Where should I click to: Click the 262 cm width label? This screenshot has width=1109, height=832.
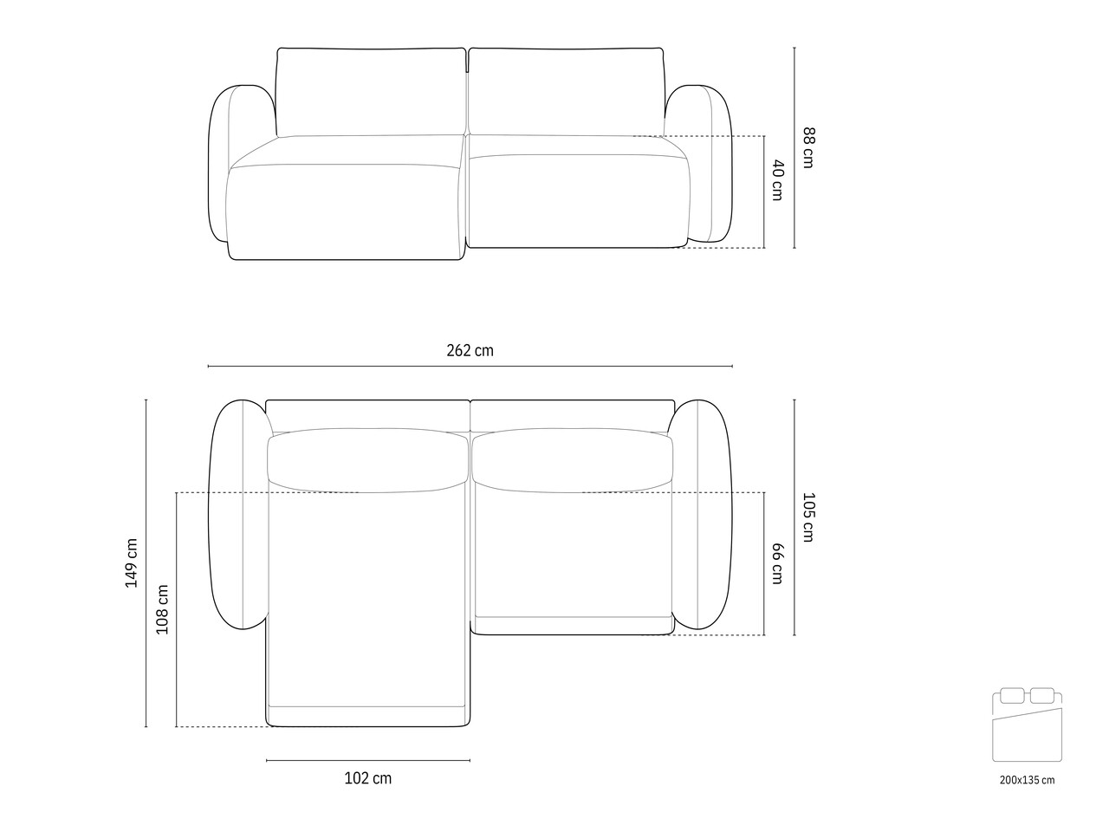point(470,350)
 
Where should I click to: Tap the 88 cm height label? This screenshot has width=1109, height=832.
point(808,147)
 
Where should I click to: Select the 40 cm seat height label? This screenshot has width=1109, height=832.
point(777,180)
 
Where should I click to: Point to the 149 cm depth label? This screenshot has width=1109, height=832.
point(132,562)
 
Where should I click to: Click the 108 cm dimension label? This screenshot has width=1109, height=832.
point(162,610)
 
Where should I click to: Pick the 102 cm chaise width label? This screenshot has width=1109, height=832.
point(368,778)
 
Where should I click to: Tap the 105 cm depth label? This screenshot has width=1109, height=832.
point(808,517)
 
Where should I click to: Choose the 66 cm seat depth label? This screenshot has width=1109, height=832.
point(777,563)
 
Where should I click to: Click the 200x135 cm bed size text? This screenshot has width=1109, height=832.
point(1028,780)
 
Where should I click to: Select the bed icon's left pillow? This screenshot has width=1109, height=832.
point(1012,696)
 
